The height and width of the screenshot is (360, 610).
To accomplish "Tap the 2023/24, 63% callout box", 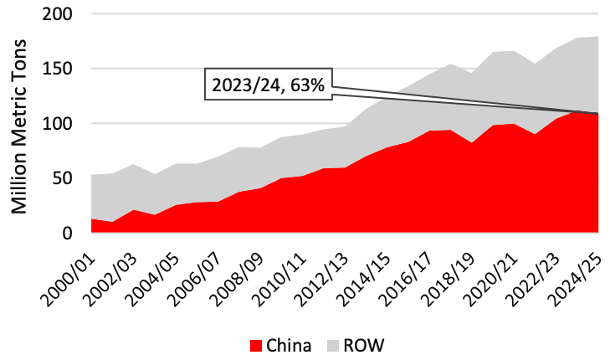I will [267, 85].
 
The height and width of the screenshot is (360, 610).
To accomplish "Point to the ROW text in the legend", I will [363, 344].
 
